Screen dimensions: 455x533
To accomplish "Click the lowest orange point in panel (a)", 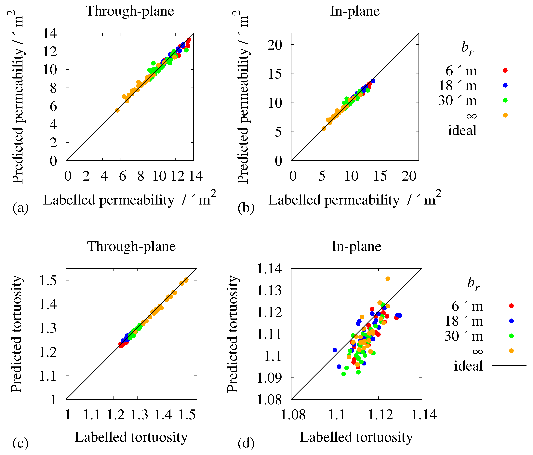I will tap(117, 110).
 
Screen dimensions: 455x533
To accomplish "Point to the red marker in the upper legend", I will tap(505, 70).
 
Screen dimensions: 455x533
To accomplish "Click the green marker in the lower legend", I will tap(511, 336).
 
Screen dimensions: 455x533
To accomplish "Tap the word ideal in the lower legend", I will tap(468, 366).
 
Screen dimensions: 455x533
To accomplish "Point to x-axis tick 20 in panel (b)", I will tap(409, 176).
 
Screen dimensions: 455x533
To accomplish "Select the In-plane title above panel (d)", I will tap(356, 246).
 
